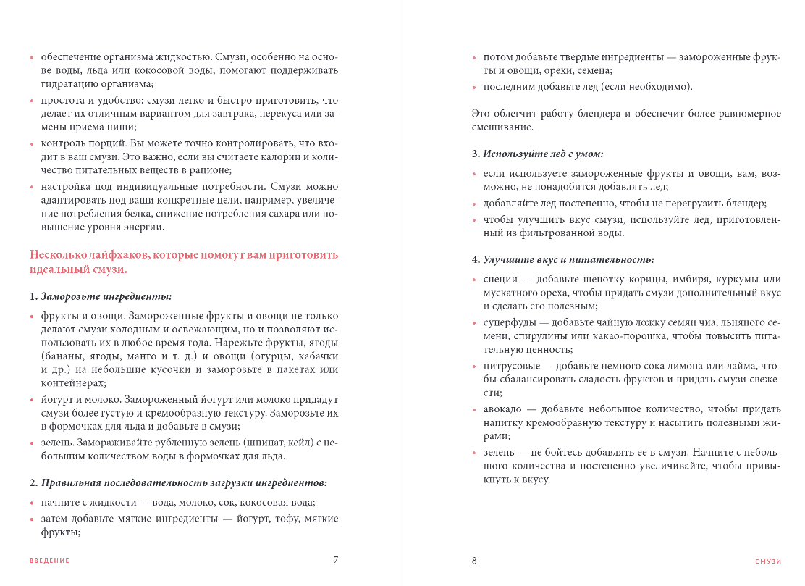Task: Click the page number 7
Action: pyautogui.click(x=335, y=559)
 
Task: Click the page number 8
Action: pyautogui.click(x=474, y=560)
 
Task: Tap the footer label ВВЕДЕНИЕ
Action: pyautogui.click(x=50, y=561)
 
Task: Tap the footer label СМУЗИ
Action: pyautogui.click(x=768, y=561)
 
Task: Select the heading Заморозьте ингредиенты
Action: pyautogui.click(x=106, y=296)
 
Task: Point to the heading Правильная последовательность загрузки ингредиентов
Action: pyautogui.click(x=184, y=482)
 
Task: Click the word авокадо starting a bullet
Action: pyautogui.click(x=502, y=409)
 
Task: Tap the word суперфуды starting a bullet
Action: pyautogui.click(x=508, y=322)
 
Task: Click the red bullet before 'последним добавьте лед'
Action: pyautogui.click(x=474, y=88)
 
